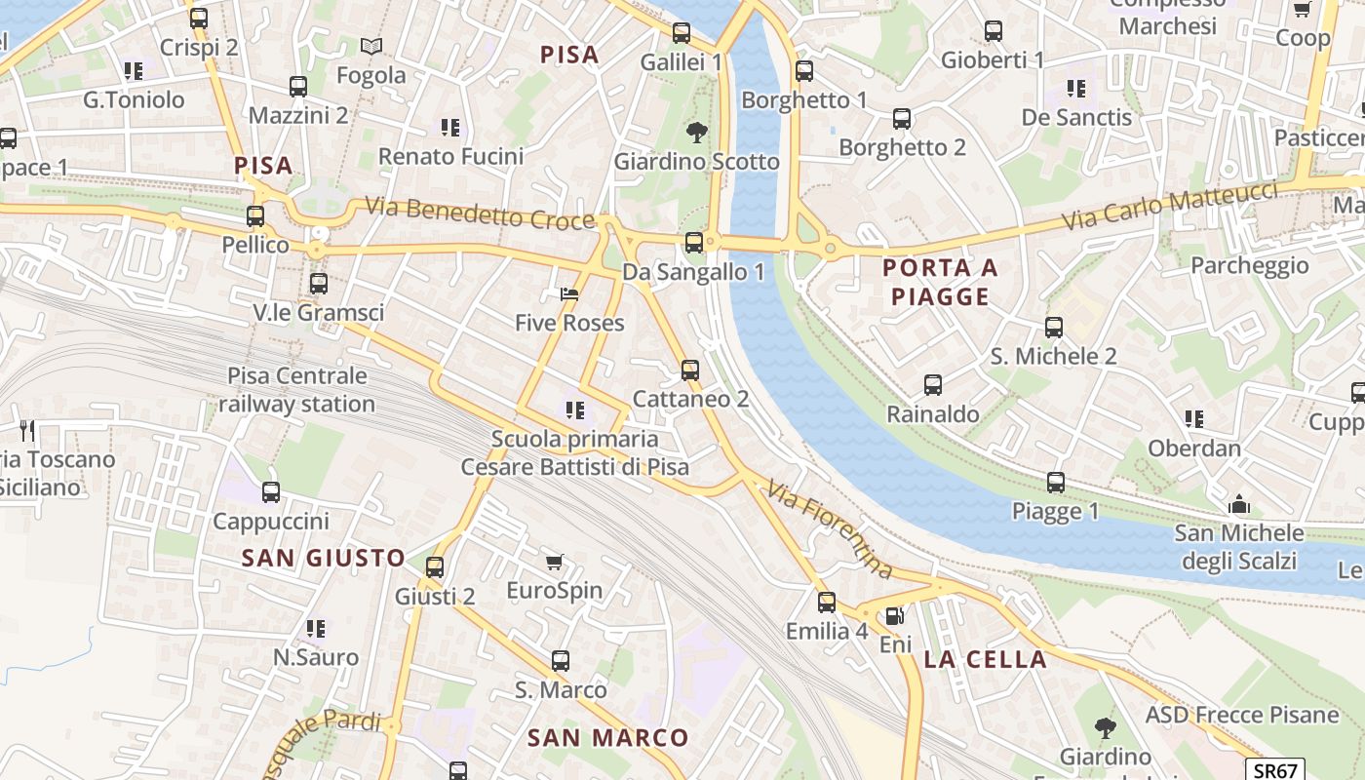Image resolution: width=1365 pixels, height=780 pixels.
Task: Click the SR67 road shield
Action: (1274, 769)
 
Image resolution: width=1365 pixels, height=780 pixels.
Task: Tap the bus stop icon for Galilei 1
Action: (682, 33)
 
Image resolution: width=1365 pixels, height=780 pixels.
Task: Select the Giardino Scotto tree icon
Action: (696, 132)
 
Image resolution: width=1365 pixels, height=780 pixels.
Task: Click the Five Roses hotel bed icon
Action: (569, 293)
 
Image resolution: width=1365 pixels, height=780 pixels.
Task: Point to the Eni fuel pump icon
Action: (893, 616)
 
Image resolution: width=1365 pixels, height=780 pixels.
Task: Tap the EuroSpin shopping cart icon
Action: (555, 562)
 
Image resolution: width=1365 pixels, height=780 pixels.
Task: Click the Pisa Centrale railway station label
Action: (296, 390)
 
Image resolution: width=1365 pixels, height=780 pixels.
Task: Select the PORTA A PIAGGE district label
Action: (941, 282)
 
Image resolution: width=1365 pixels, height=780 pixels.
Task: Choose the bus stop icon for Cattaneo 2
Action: (690, 370)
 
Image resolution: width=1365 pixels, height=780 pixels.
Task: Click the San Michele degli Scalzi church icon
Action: (1239, 504)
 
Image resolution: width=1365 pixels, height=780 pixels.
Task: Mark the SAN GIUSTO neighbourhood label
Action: (323, 558)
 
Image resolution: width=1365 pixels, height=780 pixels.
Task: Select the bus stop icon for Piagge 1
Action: (1055, 482)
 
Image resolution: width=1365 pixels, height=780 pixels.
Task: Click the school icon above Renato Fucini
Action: (449, 127)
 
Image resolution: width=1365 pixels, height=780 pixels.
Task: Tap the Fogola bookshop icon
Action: (370, 46)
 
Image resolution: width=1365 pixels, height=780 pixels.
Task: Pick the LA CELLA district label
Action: (985, 659)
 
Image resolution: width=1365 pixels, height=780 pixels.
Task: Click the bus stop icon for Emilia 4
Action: (827, 602)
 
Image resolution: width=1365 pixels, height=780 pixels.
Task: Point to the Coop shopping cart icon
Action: (1302, 9)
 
